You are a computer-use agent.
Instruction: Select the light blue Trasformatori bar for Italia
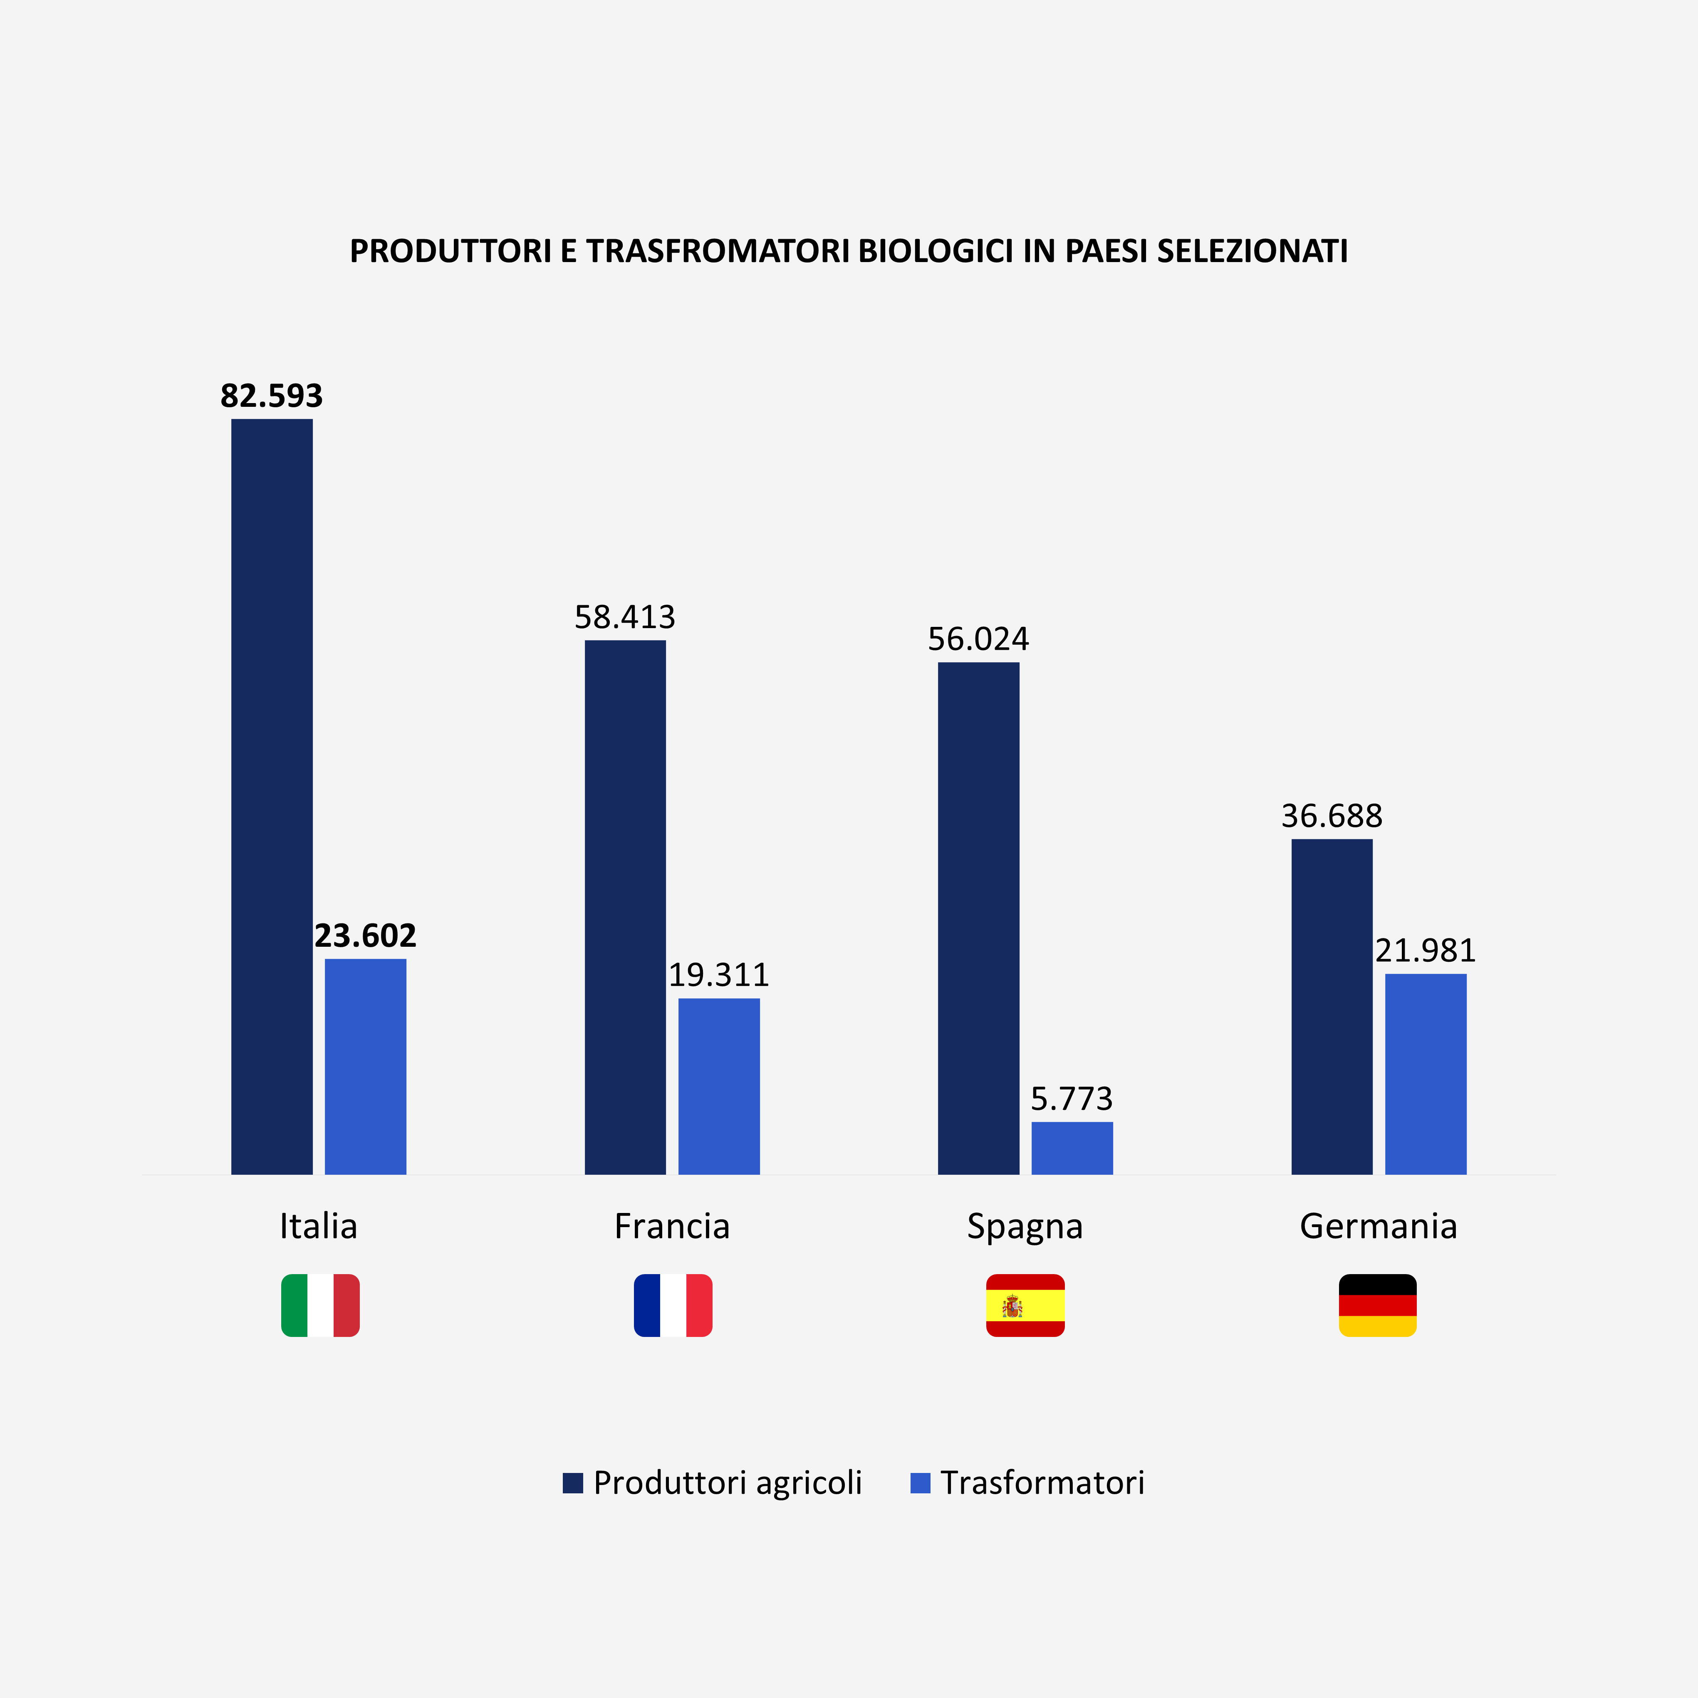(366, 1066)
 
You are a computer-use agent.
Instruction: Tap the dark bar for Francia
(625, 907)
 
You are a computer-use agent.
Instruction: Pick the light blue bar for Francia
(719, 1086)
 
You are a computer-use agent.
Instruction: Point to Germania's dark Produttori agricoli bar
(1332, 1006)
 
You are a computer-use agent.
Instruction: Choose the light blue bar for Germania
(1426, 1074)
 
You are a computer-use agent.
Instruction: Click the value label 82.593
(272, 396)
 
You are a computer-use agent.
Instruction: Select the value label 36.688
(1332, 817)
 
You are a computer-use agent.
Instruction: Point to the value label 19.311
(719, 975)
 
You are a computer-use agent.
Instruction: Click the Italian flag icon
(320, 1305)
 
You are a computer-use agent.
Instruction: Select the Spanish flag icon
(1025, 1305)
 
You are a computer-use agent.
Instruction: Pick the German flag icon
(1377, 1305)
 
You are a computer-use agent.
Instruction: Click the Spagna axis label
(1025, 1226)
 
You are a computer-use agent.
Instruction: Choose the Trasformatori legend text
(1042, 1483)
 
